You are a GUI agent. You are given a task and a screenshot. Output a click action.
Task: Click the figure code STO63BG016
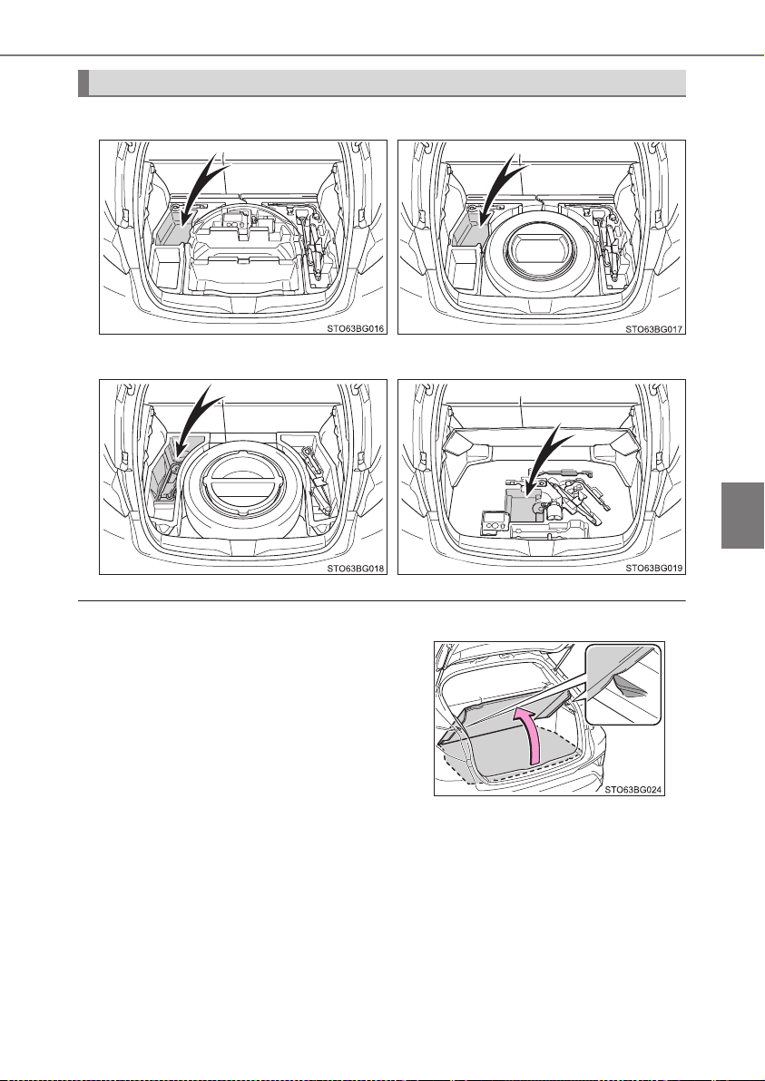pos(355,329)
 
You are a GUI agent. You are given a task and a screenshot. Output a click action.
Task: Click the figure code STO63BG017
pos(653,329)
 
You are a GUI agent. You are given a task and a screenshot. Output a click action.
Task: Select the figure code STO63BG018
pos(355,569)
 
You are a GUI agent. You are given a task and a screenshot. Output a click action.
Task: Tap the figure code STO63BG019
pos(653,569)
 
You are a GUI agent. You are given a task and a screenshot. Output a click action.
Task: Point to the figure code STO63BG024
pos(633,791)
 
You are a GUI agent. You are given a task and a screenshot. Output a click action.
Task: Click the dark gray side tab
pos(742,515)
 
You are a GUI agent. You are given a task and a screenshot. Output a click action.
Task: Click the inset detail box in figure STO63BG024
pos(623,683)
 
